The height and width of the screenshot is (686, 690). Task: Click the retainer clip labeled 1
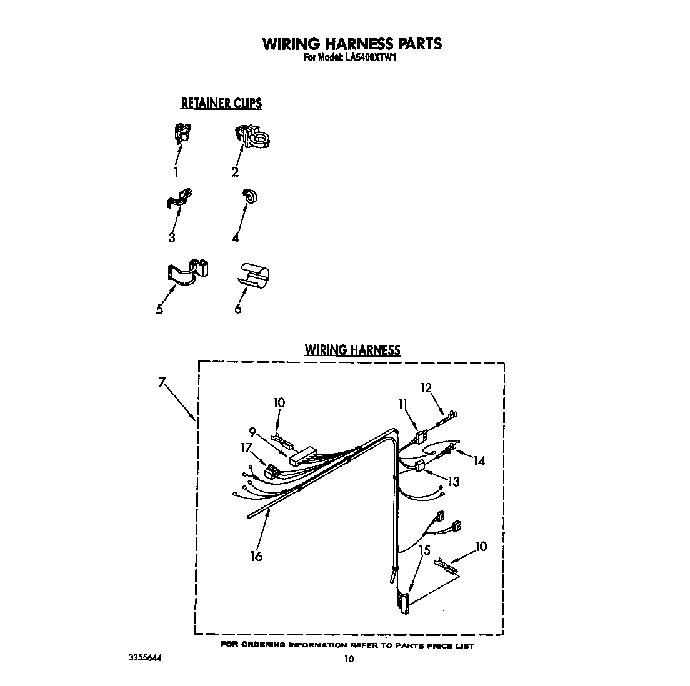pos(182,132)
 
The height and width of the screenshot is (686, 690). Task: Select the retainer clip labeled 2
pos(253,137)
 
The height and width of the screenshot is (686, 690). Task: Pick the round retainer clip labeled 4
pos(251,196)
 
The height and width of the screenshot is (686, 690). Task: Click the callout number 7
pos(162,383)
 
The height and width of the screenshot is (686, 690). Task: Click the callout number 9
pos(252,430)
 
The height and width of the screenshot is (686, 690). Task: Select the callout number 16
pos(256,556)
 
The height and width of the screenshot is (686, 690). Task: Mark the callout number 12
pos(426,388)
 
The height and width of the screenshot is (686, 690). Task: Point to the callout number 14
pos(479,461)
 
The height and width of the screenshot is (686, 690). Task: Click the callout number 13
pos(453,482)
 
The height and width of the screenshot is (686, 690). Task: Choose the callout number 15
pos(425,550)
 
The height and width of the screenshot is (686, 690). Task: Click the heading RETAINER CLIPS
pos(221,103)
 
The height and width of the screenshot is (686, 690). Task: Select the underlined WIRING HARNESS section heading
pos(352,350)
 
